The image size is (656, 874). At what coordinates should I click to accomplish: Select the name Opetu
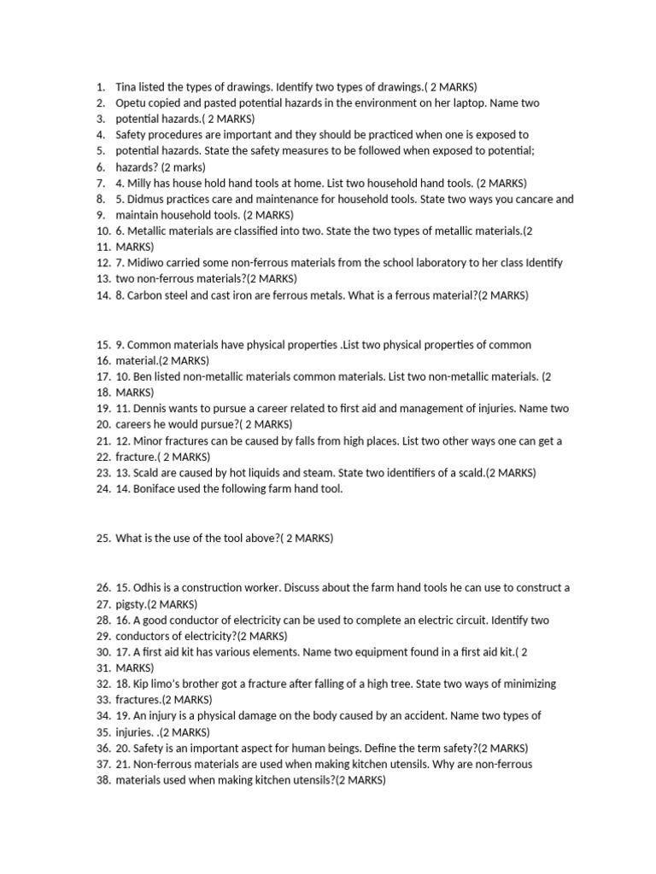point(132,102)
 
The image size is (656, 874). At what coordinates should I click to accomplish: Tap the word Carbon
point(149,295)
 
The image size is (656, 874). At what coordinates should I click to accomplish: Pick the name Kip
point(146,684)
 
